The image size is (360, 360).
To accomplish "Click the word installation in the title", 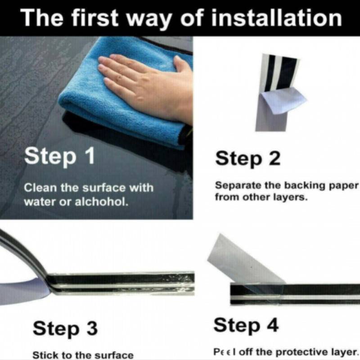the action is point(277,18).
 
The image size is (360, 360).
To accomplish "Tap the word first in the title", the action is point(94,18).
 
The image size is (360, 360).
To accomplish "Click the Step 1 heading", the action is point(59,156).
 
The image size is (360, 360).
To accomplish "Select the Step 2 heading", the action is point(248,159).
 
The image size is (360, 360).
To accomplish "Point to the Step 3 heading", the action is point(65,328).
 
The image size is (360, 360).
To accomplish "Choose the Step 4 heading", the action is point(246,326).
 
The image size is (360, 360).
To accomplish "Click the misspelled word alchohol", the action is point(102,202).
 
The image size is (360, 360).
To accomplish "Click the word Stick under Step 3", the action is point(45,355).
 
